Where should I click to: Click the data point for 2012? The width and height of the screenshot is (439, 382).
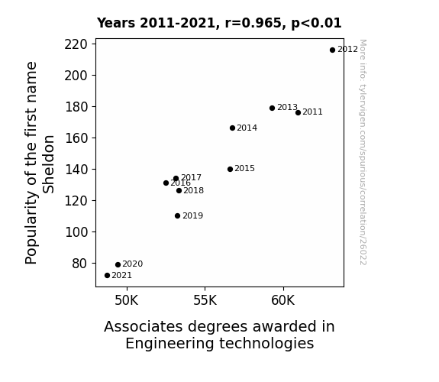[332, 50]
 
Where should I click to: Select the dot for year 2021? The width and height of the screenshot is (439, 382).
[107, 276]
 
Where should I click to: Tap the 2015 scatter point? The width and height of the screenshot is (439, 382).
[230, 170]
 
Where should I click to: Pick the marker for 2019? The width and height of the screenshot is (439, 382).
[177, 215]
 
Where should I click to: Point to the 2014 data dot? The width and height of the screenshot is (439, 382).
[232, 128]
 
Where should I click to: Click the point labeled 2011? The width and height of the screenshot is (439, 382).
[299, 112]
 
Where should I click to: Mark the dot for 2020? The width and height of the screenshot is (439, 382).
[118, 264]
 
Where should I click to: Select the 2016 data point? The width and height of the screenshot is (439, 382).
[166, 183]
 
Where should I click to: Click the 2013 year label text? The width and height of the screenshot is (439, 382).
[287, 107]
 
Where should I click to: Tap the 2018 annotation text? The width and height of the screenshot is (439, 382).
[193, 190]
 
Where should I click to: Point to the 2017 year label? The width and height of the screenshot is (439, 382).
[191, 178]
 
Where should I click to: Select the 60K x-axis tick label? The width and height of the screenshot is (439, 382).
[283, 300]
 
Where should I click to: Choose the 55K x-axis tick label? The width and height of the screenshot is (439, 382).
[205, 300]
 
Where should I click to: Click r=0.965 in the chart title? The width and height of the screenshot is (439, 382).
[253, 23]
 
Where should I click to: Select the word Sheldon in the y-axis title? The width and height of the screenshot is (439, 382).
[48, 164]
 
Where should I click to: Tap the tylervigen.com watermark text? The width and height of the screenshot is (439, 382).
[363, 152]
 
